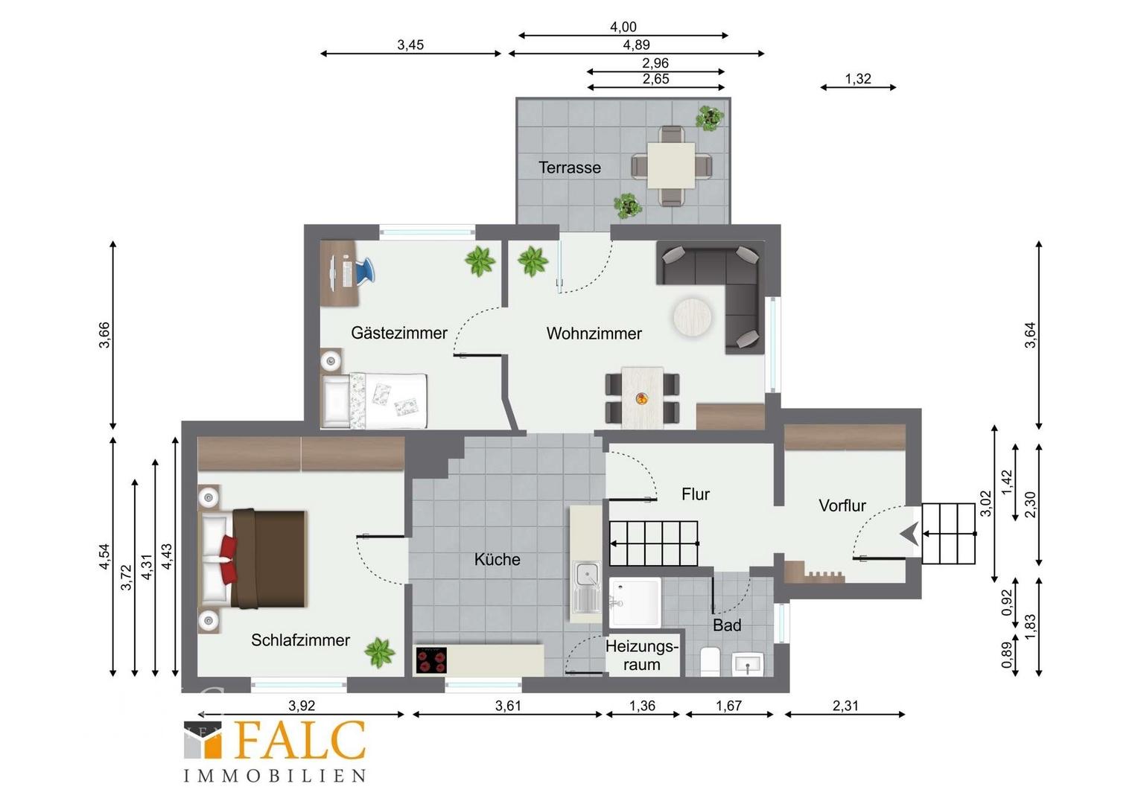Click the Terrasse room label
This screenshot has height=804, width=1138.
click(570, 167)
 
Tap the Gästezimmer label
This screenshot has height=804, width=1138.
click(399, 334)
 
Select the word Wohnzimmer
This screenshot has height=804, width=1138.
click(594, 334)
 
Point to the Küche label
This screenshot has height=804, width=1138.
click(498, 560)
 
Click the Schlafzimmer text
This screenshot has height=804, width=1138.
click(300, 640)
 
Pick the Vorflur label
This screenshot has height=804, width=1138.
click(842, 505)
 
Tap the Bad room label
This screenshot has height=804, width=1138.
click(727, 625)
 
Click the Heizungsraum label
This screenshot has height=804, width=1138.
click(642, 655)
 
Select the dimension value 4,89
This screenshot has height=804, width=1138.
click(637, 45)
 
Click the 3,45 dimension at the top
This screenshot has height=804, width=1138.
click(410, 45)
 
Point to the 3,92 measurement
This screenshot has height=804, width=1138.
click(302, 706)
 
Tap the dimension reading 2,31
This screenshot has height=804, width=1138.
click(845, 706)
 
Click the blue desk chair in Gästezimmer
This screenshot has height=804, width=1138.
click(363, 269)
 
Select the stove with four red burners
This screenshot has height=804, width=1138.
click(431, 660)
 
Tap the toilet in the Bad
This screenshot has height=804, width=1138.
click(710, 662)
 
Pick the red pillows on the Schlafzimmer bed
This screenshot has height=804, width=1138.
click(229, 558)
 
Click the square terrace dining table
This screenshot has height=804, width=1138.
click(671, 165)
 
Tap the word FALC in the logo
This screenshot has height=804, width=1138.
click(301, 741)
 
